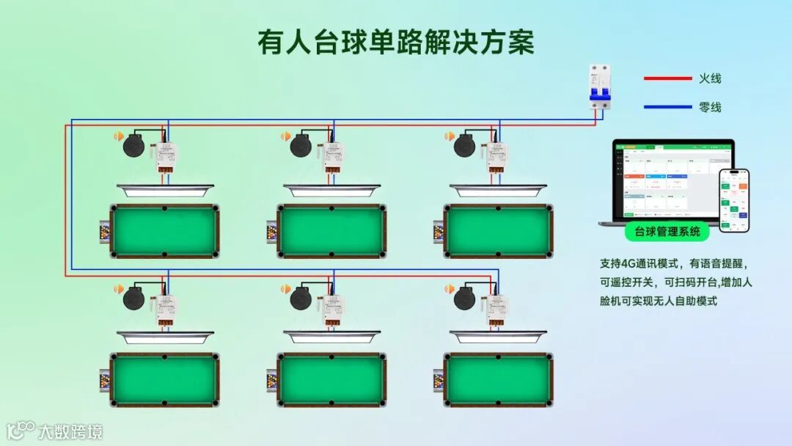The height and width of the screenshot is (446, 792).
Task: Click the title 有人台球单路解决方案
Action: (x=395, y=42)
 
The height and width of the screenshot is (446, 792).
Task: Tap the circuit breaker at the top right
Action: (x=601, y=87)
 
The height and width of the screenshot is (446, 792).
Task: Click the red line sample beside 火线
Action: (x=667, y=78)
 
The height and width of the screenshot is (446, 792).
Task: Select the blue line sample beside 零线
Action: (x=667, y=107)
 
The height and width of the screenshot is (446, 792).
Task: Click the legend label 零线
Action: (x=710, y=107)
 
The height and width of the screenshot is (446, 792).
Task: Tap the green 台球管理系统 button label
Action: (x=667, y=233)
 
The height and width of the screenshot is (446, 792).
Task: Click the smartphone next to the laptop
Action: (x=733, y=200)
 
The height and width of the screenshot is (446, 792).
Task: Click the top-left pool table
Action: (x=164, y=231)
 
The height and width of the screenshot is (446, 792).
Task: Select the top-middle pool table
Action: (x=331, y=231)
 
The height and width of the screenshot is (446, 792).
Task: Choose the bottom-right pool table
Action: (x=498, y=380)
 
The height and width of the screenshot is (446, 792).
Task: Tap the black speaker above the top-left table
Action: (x=134, y=145)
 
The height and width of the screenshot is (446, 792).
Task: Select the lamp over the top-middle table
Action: (x=331, y=191)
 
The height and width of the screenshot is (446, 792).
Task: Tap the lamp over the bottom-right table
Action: (x=498, y=337)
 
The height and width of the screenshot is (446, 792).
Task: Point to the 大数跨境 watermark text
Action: (x=70, y=431)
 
